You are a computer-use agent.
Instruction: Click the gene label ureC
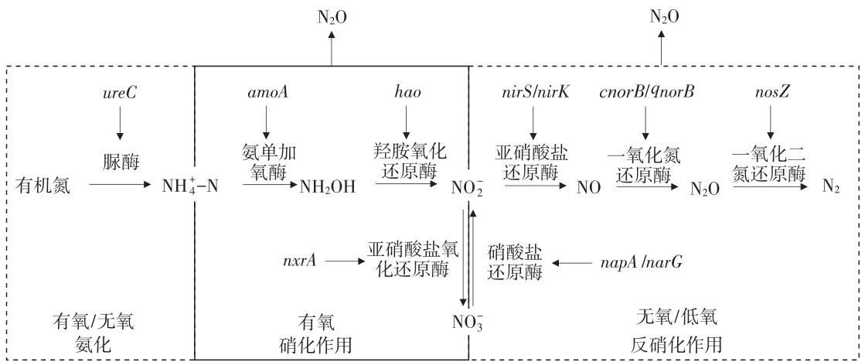click(119, 94)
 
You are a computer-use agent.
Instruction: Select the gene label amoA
click(265, 94)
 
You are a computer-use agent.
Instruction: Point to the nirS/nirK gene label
click(534, 94)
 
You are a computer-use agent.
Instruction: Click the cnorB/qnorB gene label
click(646, 94)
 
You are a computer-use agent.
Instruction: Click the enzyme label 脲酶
click(119, 163)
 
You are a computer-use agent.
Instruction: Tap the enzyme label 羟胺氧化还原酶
click(409, 159)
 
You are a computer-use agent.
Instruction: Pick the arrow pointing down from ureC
click(119, 124)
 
